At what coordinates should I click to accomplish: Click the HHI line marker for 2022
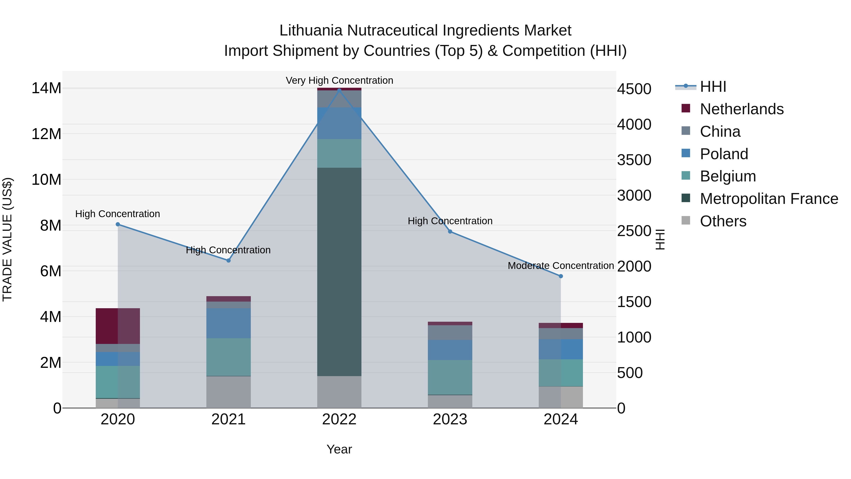point(339,90)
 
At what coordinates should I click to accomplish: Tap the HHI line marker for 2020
point(118,224)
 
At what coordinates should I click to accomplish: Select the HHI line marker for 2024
point(561,276)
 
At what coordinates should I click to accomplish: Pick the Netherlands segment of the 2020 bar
point(118,326)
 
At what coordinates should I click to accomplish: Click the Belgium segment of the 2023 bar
point(450,377)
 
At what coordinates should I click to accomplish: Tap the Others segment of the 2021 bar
point(228,392)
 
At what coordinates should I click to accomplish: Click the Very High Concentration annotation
point(339,80)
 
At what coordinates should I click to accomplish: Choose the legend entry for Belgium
point(728,176)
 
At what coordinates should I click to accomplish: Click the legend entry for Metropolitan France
point(769,199)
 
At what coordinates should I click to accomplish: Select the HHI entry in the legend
point(713,87)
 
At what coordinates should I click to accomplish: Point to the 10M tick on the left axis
point(46,180)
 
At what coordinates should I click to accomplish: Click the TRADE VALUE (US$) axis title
point(7,239)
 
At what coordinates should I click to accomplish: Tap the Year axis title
point(339,449)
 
